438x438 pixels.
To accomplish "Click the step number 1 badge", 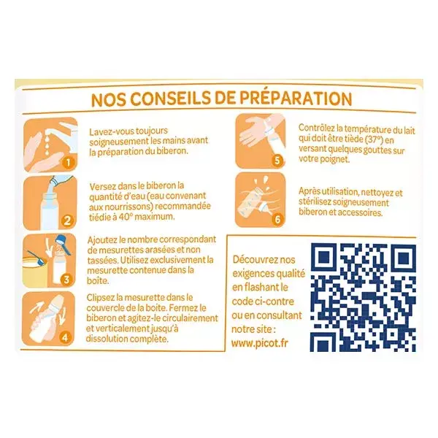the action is [68, 162].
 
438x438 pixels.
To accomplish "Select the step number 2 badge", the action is [67, 220].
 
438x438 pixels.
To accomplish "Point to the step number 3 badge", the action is [66, 279].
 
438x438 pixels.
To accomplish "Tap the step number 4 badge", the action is [65, 338].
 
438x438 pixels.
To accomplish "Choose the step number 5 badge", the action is [277, 161].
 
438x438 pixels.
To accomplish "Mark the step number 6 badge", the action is [277, 219].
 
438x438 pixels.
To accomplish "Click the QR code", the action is [363, 297].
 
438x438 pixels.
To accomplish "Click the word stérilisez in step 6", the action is [315, 201].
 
